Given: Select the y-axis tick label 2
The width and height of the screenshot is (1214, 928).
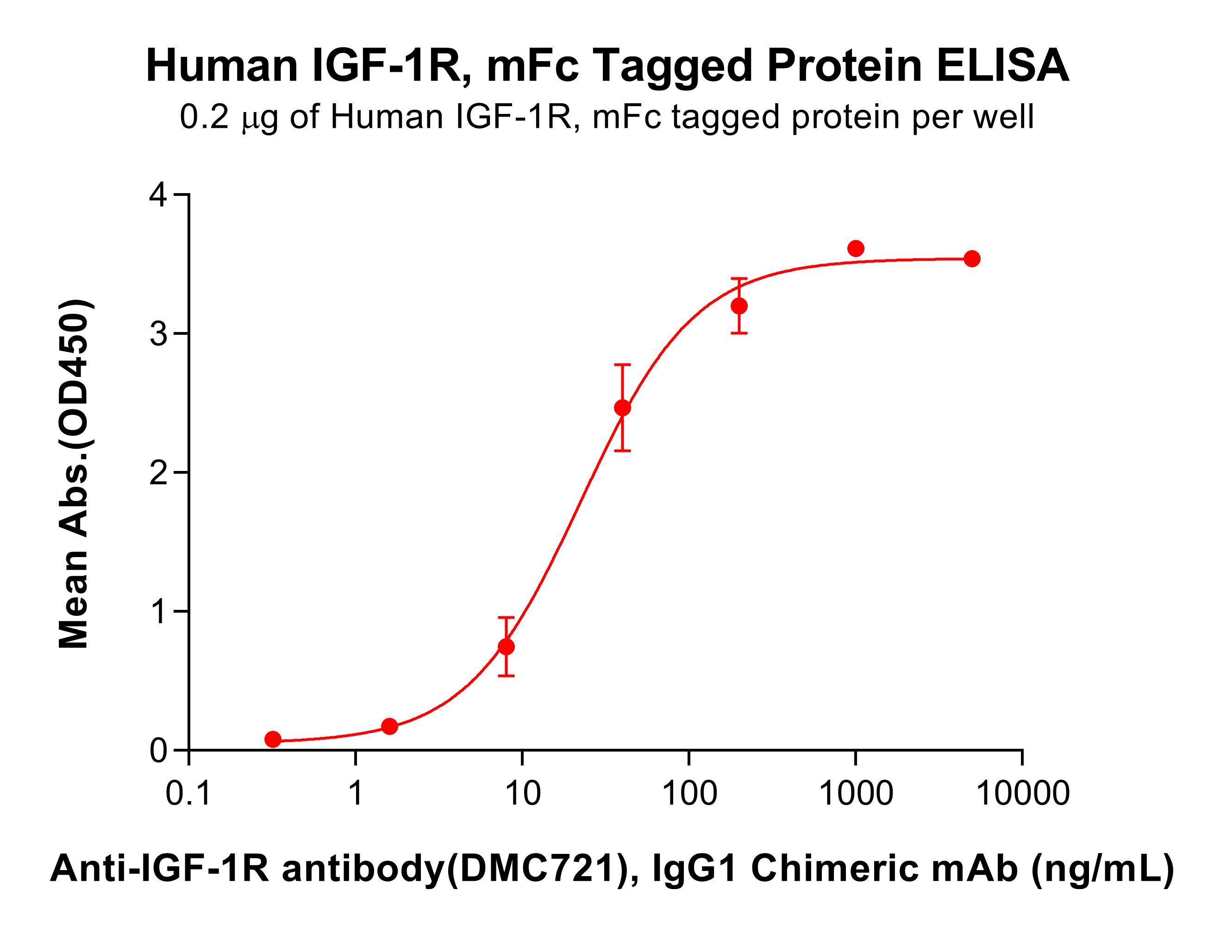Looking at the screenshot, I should pos(158,472).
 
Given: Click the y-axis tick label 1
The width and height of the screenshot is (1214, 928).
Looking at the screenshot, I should pos(158,611).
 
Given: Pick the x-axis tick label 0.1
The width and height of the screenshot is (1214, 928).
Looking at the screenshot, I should pos(188,793).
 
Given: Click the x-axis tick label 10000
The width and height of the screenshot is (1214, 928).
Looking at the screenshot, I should pos(1022,793).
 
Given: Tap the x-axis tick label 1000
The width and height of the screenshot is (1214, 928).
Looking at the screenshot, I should pos(856,793).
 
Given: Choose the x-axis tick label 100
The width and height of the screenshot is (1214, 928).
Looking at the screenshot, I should pos(689,793).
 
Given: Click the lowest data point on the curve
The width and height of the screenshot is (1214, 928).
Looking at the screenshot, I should pos(273,739).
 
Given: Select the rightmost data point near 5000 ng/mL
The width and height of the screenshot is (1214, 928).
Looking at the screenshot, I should pos(972,258).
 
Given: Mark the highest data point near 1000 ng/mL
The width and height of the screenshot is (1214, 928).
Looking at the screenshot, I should pos(856,249).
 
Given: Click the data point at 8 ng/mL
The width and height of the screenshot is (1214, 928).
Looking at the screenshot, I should pos(506,647).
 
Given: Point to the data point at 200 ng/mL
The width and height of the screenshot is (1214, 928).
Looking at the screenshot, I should pos(739,306).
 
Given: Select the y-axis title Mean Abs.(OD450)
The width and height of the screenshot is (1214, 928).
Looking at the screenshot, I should pos(74,473).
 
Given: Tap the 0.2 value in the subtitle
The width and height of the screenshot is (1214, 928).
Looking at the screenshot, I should pos(204,117).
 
